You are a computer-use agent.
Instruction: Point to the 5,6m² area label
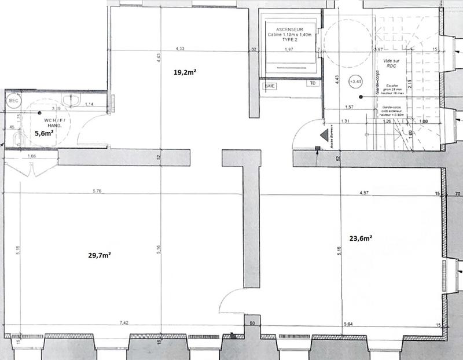coord(45,133)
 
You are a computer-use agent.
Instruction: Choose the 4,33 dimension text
coord(179,49)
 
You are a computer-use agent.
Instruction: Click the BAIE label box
coord(270,86)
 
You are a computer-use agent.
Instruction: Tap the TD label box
coord(313,83)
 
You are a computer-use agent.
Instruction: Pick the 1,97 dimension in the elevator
coord(289,50)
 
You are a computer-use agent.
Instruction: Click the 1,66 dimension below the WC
coord(32,156)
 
